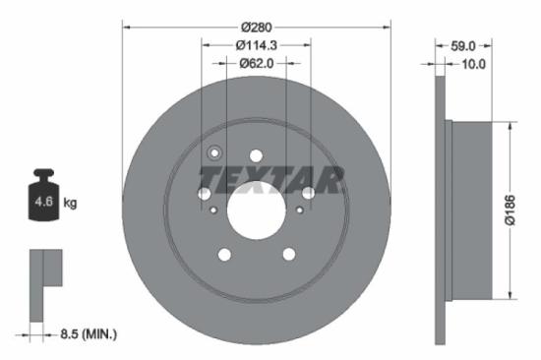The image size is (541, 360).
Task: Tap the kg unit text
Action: (70, 204)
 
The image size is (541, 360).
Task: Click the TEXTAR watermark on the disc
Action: (271, 179)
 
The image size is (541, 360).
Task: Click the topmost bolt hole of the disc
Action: (256, 154)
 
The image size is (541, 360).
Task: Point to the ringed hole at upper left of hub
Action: (215, 153)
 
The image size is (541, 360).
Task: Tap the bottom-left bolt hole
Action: (223, 255)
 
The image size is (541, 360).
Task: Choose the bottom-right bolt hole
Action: (288, 255)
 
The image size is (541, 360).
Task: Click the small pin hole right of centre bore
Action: (300, 209)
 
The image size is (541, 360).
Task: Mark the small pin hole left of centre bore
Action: (212, 209)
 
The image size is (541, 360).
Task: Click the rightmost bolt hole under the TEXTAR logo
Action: (308, 193)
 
